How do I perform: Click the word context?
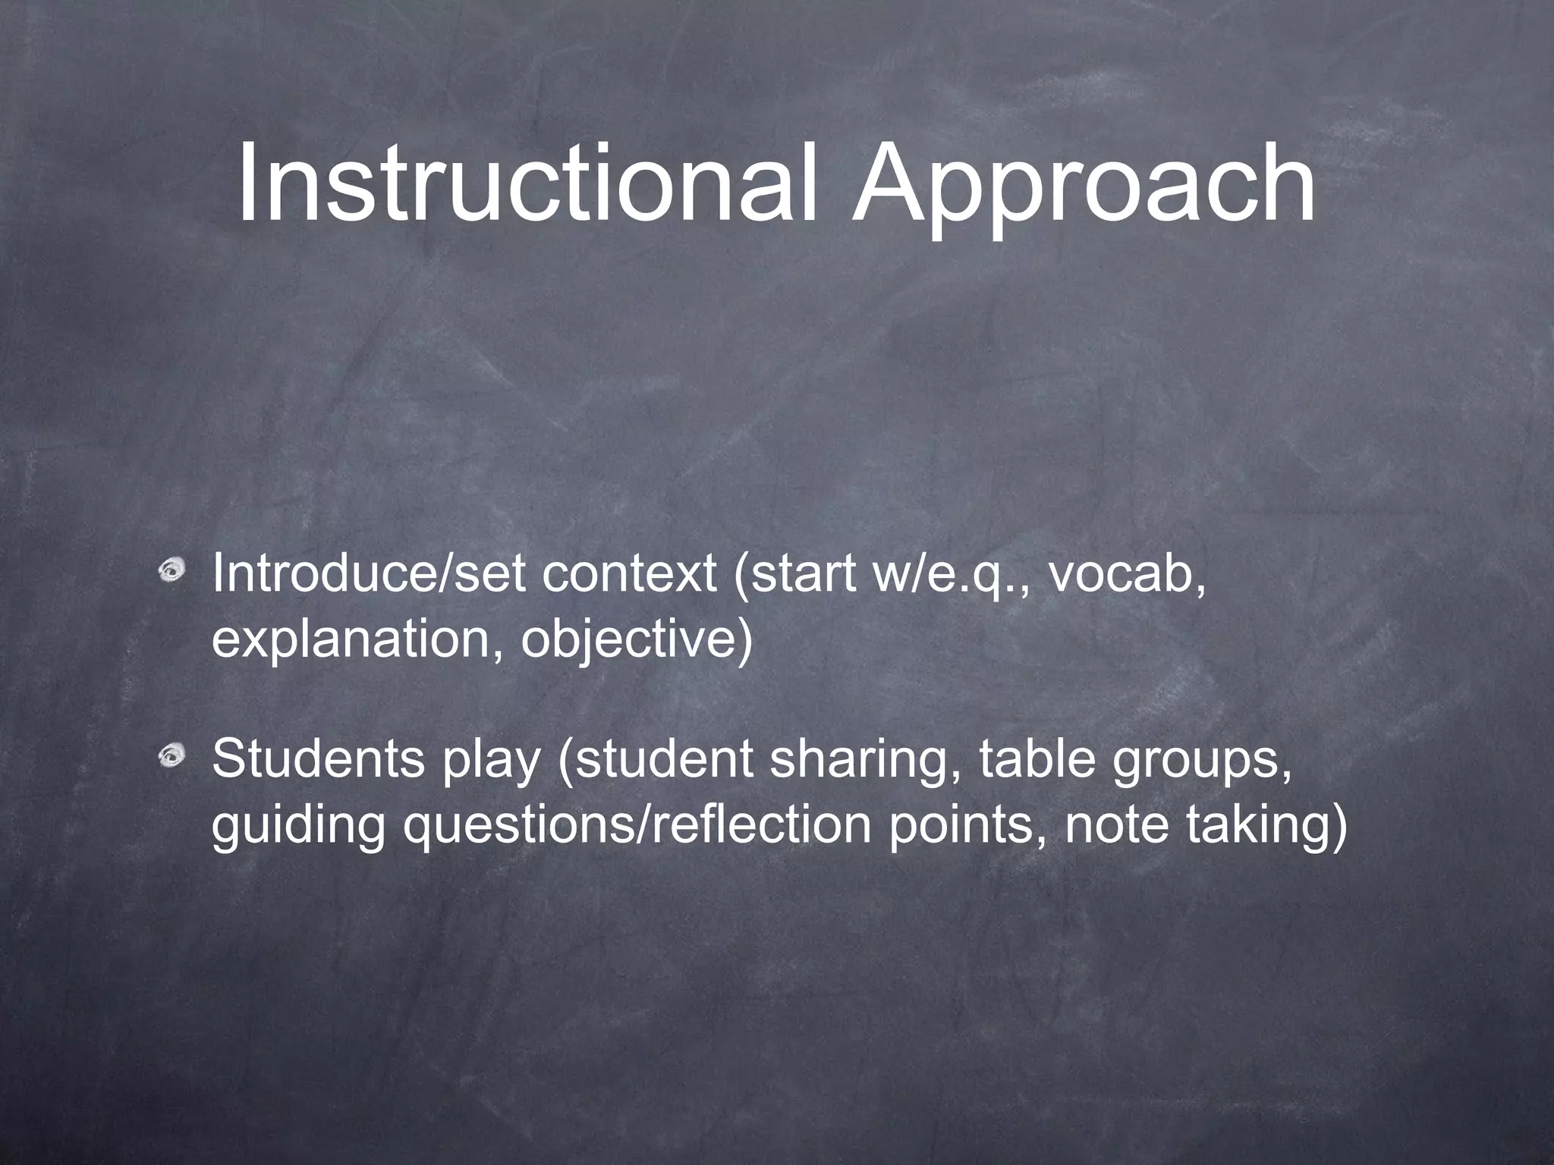[x=629, y=574]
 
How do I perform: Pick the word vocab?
[x=1128, y=574]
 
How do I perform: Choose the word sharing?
[x=865, y=761]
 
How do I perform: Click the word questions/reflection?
[x=637, y=826]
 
